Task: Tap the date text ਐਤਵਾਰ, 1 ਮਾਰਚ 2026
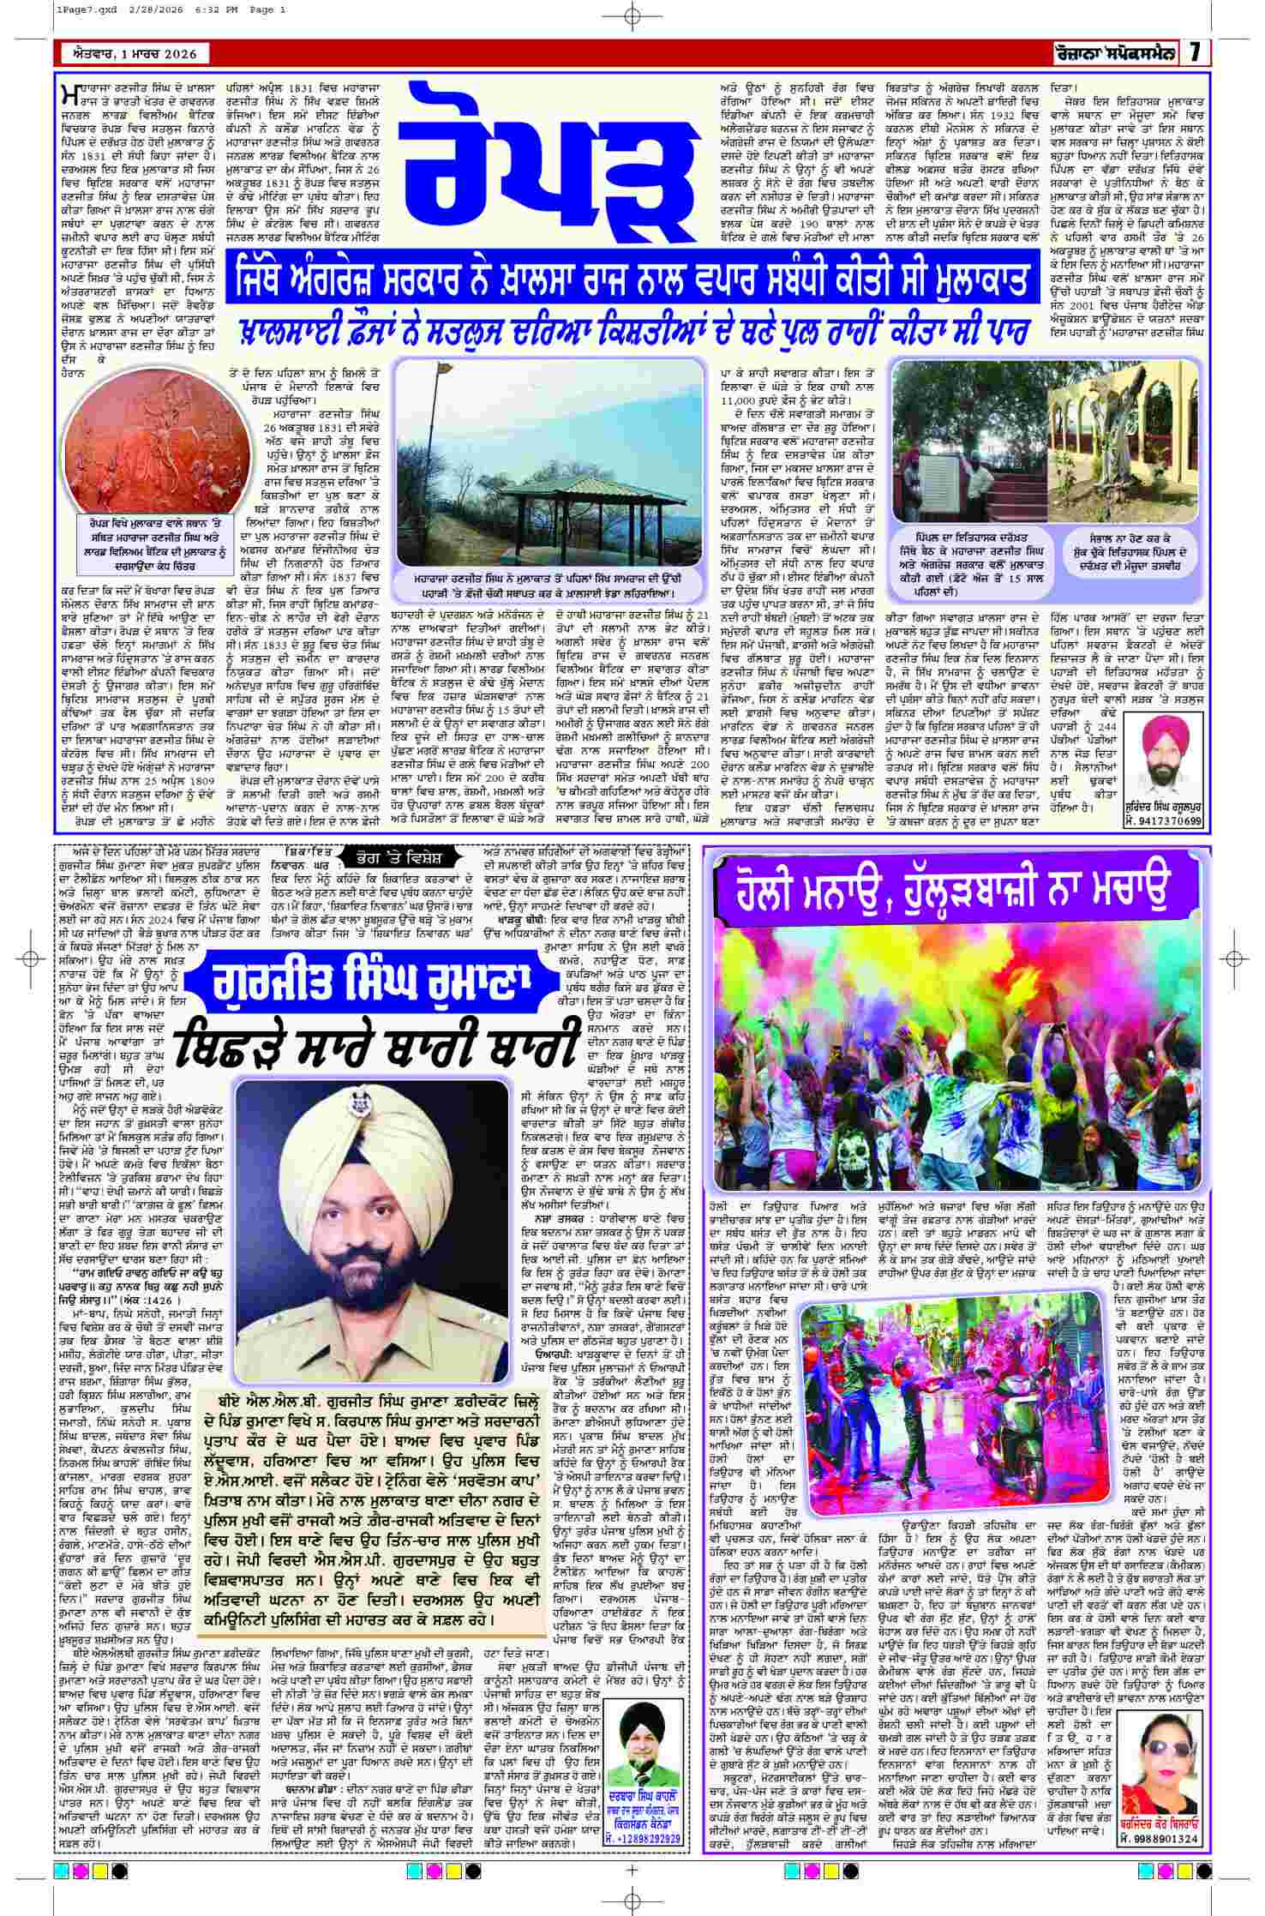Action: tap(135, 54)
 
